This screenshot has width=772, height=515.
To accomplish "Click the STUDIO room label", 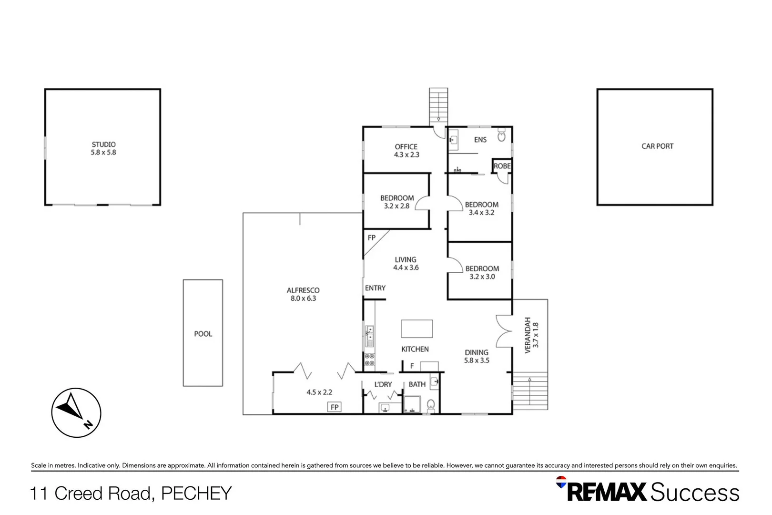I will click(103, 148).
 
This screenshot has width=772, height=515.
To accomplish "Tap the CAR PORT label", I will click(657, 146).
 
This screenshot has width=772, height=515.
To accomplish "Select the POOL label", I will click(203, 334).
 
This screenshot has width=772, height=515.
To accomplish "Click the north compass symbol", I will click(76, 412).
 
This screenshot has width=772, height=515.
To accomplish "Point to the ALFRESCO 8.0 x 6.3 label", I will click(303, 294).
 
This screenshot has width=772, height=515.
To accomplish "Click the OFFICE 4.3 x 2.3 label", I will click(406, 151).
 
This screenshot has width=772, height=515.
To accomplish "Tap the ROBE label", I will click(502, 166).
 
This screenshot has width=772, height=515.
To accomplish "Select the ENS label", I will click(480, 140).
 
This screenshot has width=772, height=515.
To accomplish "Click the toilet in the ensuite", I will click(501, 136).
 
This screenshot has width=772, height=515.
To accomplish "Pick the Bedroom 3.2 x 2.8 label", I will click(397, 202).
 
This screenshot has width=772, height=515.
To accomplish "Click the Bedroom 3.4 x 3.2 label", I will click(481, 208).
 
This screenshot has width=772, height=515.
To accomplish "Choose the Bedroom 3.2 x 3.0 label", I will click(482, 272).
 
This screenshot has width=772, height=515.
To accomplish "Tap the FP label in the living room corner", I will click(372, 237).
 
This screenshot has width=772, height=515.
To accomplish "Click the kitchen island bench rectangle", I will click(416, 329).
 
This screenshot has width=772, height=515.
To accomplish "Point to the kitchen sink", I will click(370, 333).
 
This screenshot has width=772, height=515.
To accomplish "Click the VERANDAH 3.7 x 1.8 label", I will click(531, 335).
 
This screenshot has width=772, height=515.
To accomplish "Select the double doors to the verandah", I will click(504, 331).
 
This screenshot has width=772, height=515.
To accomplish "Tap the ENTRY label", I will click(375, 288).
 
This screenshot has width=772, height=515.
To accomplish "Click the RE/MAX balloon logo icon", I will click(561, 482).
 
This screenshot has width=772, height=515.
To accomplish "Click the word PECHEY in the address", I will click(196, 494).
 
